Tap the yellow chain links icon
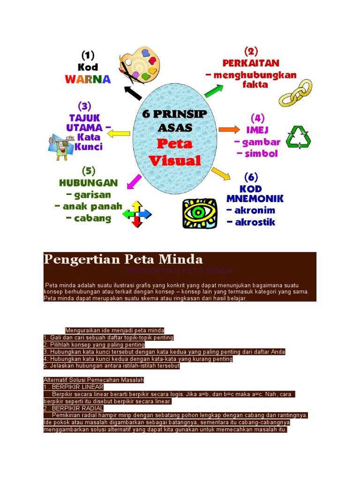(296, 93)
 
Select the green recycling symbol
(299, 137)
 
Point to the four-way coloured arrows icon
(137, 214)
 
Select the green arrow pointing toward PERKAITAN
(214, 89)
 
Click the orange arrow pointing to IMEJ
(229, 129)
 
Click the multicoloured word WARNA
(88, 79)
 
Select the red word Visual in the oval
(175, 161)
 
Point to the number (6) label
(251, 177)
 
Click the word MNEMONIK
(255, 199)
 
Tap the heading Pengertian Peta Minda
(123, 259)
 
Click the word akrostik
(251, 222)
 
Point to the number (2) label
(251, 51)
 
